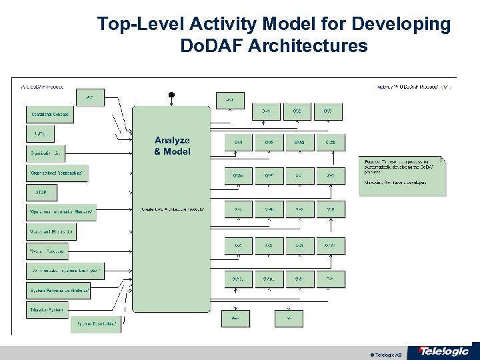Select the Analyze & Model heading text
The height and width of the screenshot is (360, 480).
pos(172,145)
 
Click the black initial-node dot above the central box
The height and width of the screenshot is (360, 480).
pos(171,94)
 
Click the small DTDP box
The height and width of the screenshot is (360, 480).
pos(41,193)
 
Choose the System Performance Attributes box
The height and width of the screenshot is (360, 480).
pos(59,291)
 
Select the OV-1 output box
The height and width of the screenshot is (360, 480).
pos(265,112)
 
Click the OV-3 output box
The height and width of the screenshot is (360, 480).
pos(329,112)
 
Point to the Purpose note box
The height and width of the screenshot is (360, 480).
pos(402,176)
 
